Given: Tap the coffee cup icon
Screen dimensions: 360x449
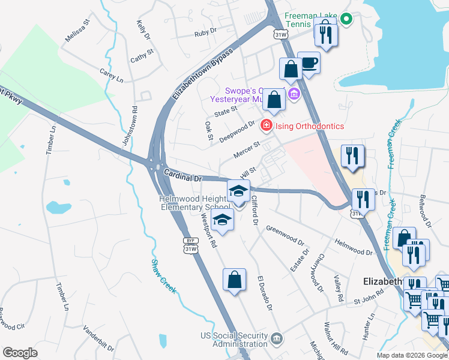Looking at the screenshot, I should (309, 64).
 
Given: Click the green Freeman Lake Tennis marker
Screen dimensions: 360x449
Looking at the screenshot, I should (346, 19).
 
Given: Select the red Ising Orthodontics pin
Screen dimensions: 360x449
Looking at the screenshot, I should (265, 126).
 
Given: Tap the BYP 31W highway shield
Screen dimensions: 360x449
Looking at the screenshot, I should (191, 245).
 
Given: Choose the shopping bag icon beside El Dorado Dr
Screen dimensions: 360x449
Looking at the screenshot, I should (234, 280).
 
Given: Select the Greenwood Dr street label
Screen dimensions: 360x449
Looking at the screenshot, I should (286, 234).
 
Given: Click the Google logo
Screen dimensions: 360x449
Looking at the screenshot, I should (20, 353).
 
